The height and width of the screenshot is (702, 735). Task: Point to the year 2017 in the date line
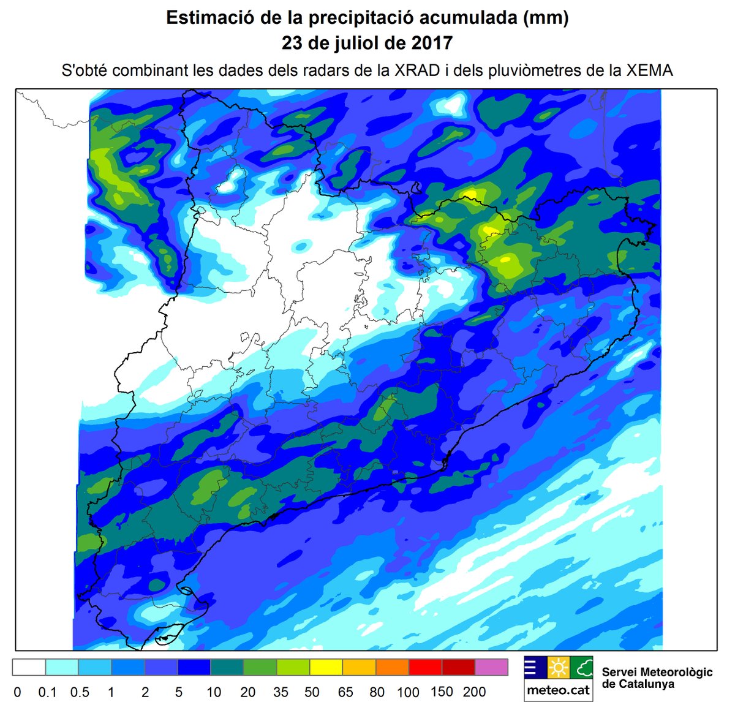pos(431,43)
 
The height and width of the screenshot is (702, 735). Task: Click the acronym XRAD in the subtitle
pos(417,70)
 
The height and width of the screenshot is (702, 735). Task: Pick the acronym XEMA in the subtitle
pos(649,70)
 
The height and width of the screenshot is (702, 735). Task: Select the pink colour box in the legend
pos(492,667)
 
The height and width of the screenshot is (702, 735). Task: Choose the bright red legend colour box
pos(426,667)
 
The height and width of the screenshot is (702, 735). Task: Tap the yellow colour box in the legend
pos(326,667)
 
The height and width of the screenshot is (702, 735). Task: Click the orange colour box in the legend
pos(393,667)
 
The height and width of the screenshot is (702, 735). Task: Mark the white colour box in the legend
pos(29,667)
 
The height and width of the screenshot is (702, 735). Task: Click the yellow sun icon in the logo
pos(558,668)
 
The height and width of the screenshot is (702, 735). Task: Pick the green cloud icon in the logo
pos(581,668)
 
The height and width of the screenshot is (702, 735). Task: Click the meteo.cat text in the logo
pos(558,690)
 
